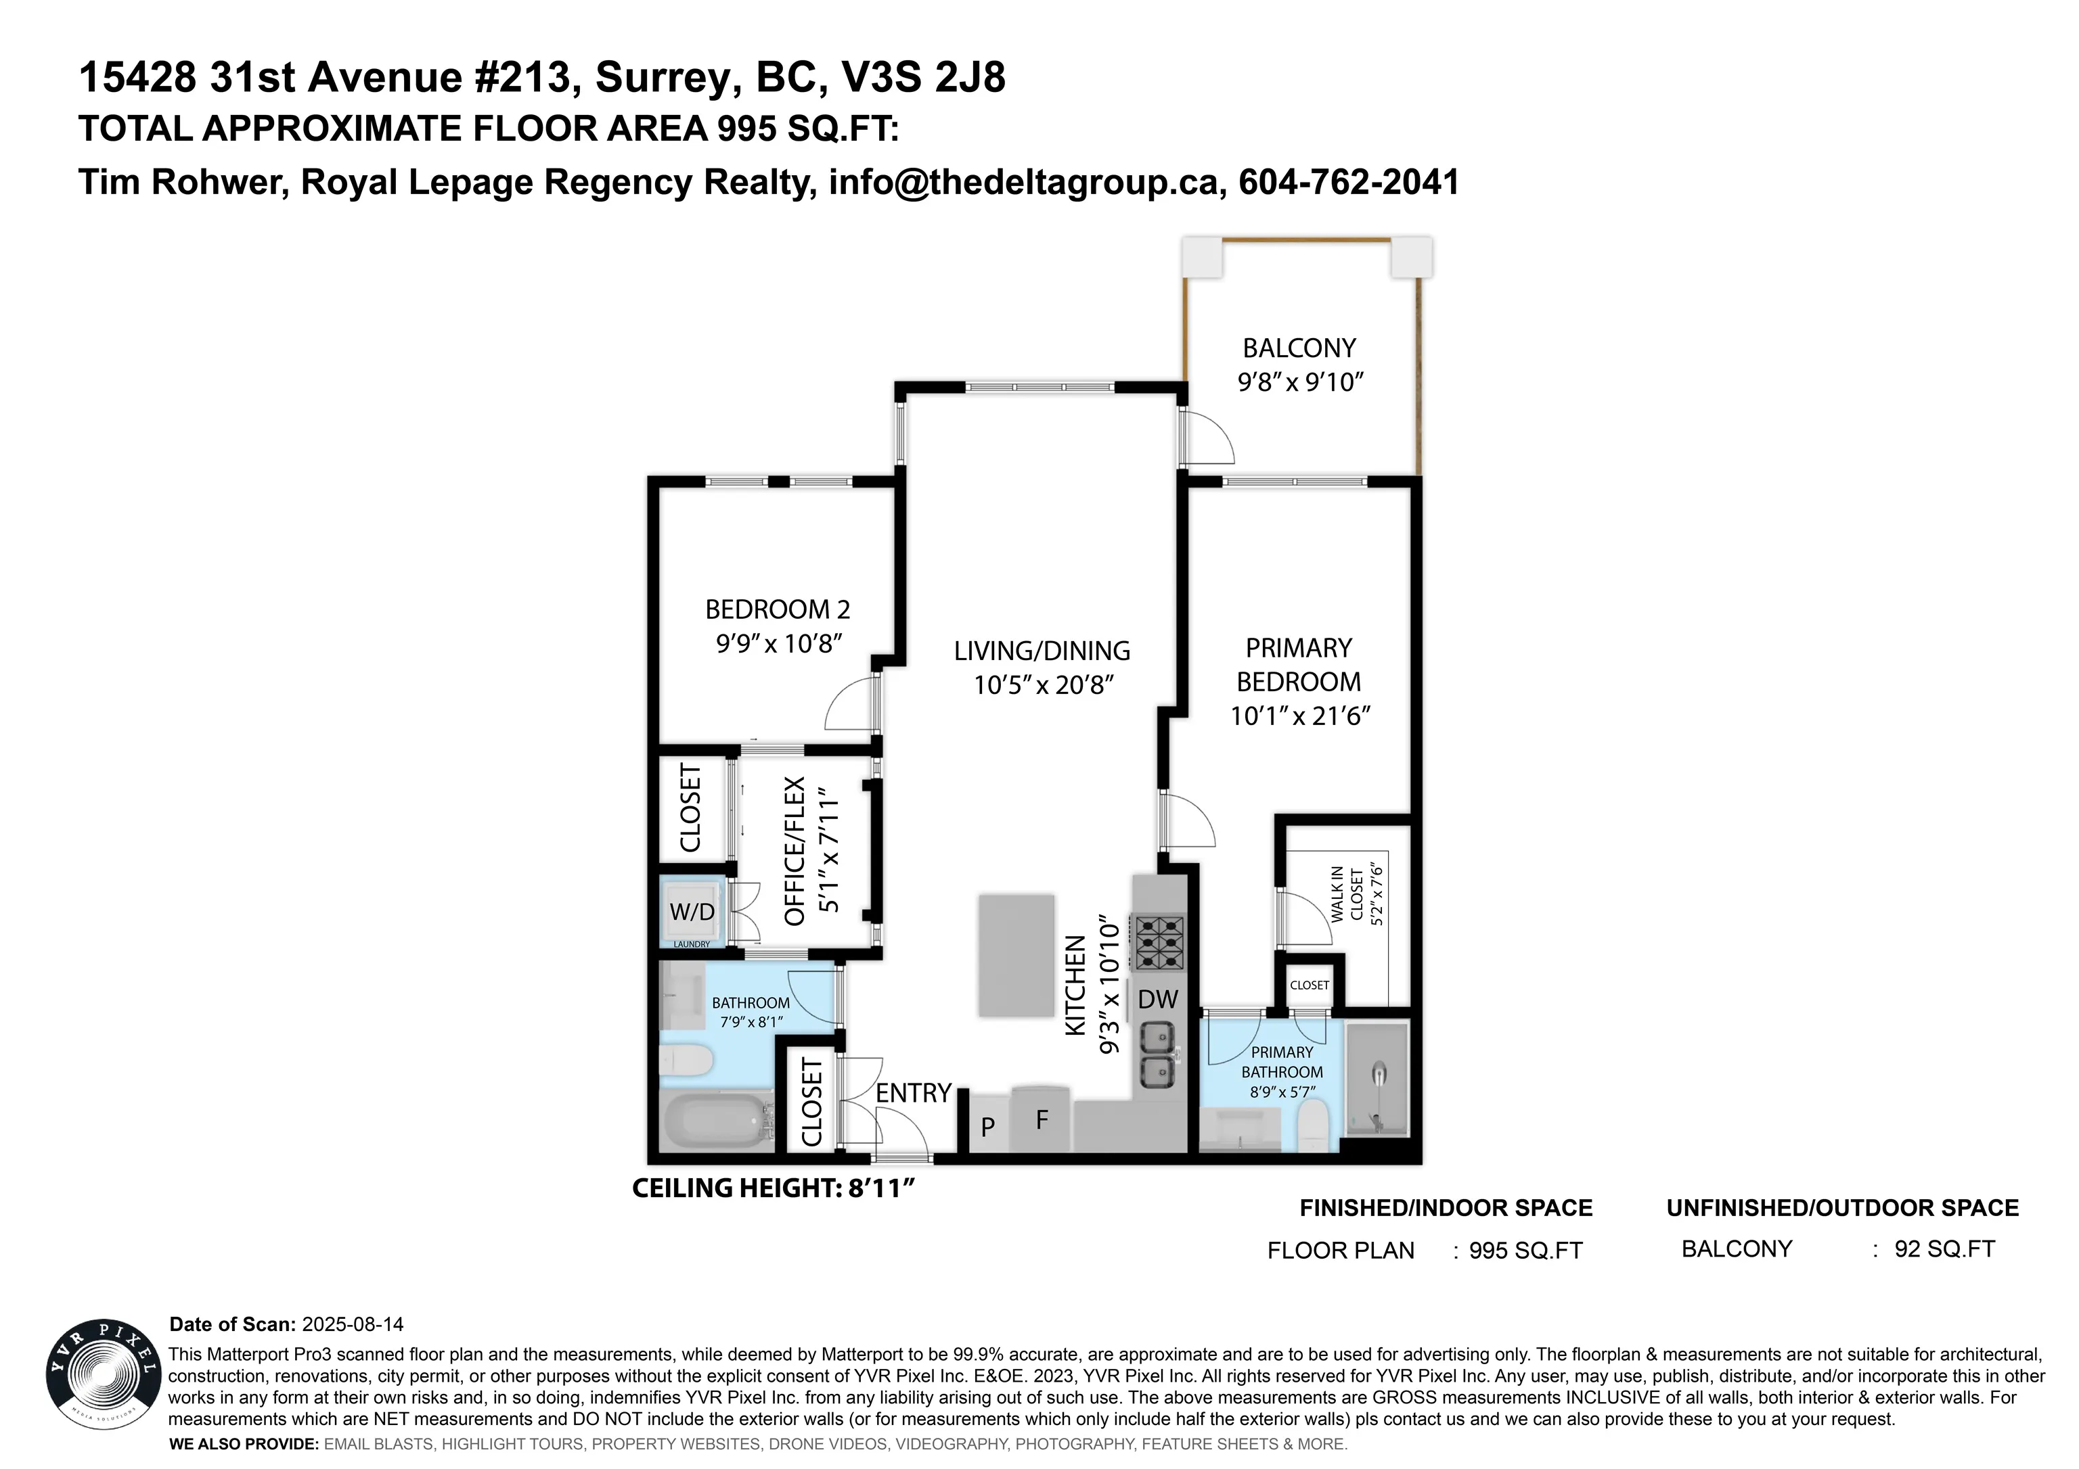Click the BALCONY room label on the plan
pyautogui.click(x=1299, y=348)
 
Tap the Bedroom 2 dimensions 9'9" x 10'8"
pyautogui.click(x=780, y=644)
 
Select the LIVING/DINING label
pyautogui.click(x=1042, y=651)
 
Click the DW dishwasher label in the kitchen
pyautogui.click(x=1157, y=999)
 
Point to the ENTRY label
pyautogui.click(x=914, y=1094)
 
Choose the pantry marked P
pyautogui.click(x=988, y=1127)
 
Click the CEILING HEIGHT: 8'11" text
pyautogui.click(x=775, y=1188)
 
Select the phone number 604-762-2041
pyautogui.click(x=1349, y=182)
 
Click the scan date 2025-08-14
pyautogui.click(x=353, y=1324)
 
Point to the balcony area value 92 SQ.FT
pyautogui.click(x=1945, y=1249)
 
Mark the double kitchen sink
pyautogui.click(x=1157, y=1055)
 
